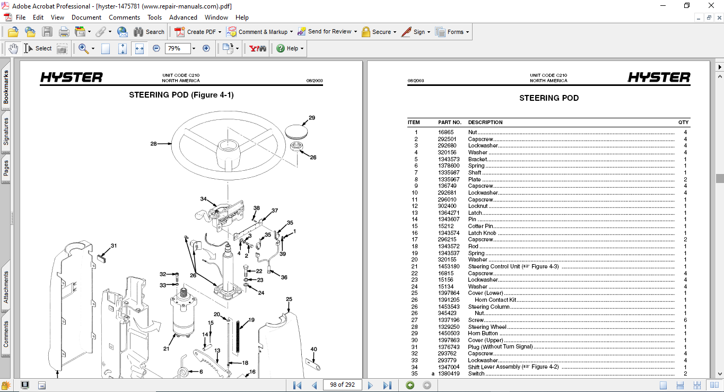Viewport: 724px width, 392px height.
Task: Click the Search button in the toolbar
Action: coord(149,32)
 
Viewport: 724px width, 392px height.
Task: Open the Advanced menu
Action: coord(183,18)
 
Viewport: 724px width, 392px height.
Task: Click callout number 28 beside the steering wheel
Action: coord(153,143)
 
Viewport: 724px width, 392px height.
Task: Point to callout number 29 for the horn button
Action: coord(312,118)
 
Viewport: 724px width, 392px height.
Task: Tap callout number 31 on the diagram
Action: coord(114,246)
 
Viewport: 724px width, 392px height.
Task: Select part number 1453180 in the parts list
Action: coord(449,266)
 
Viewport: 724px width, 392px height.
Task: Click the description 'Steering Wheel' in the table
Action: coord(487,327)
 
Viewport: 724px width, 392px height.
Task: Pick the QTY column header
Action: coord(683,123)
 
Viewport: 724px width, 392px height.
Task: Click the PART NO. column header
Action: coord(449,123)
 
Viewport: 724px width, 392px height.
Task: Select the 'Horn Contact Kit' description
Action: coord(495,300)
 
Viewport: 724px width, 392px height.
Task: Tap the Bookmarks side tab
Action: coord(6,88)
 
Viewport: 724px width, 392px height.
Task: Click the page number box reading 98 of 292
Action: coord(342,385)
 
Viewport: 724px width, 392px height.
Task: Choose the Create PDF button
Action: coord(196,32)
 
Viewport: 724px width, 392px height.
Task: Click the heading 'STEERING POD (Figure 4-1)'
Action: coord(181,95)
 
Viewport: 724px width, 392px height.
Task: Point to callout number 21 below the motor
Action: coord(166,349)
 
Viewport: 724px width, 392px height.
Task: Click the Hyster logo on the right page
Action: coord(659,78)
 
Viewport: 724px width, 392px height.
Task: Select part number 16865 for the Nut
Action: coord(446,132)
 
